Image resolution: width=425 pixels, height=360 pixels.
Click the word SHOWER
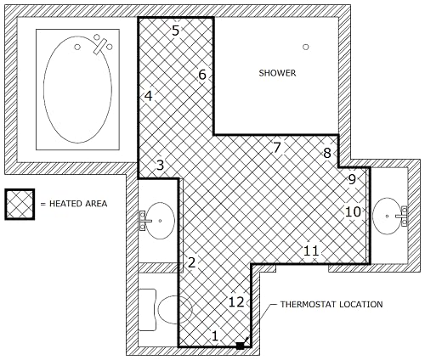tap(277, 73)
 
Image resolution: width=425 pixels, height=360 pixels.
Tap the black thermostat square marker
tap(240, 346)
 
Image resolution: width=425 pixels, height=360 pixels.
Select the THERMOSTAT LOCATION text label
tap(331, 304)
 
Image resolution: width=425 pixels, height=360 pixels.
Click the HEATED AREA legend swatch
tap(20, 204)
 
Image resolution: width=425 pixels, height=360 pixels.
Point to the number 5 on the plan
tap(176, 31)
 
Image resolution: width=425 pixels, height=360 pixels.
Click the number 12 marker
tap(236, 302)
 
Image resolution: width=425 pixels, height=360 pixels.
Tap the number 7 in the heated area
tap(277, 148)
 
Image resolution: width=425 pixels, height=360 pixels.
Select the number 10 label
tap(353, 211)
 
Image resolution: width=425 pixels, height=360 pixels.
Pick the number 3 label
tap(161, 165)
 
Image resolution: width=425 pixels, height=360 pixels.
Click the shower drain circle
tap(305, 47)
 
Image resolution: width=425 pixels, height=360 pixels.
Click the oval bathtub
tap(77, 89)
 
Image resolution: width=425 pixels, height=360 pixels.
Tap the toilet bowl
tap(175, 310)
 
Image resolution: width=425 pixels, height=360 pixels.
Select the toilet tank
tap(147, 310)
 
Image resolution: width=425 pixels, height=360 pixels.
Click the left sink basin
tap(160, 221)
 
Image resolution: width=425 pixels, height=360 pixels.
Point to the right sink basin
tap(387, 216)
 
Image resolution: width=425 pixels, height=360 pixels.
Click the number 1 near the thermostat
tap(215, 336)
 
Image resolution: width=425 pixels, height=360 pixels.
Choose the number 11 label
tap(311, 250)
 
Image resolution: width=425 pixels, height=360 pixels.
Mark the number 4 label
tap(148, 96)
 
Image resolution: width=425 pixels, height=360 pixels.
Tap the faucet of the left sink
tap(144, 221)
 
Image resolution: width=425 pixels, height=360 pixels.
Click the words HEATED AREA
tap(78, 204)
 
